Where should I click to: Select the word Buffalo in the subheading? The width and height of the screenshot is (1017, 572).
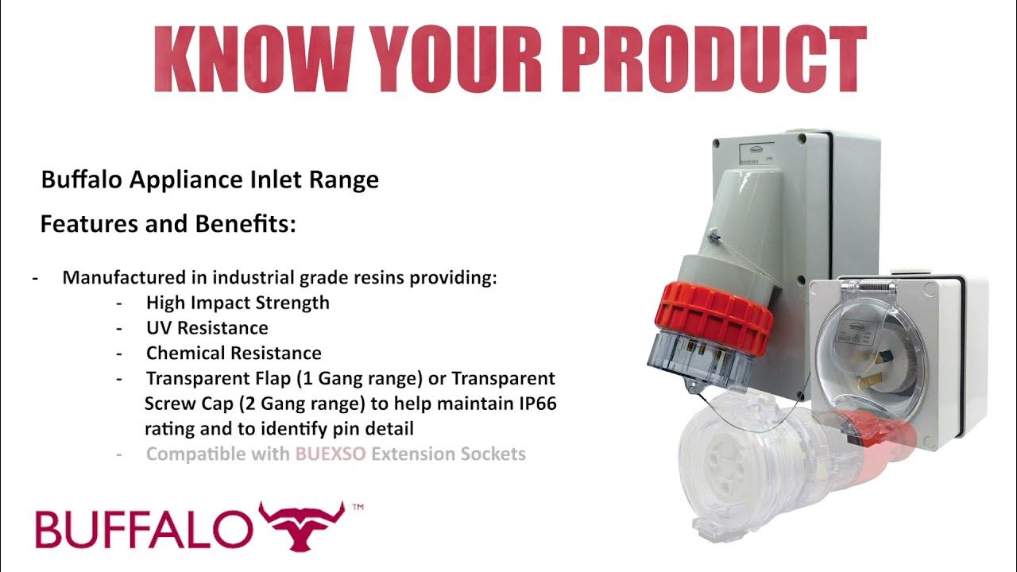point(72,180)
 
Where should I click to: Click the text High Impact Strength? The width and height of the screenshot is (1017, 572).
point(238,303)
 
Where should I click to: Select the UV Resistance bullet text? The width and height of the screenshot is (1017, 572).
point(207,327)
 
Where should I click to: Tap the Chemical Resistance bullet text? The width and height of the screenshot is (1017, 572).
point(234,353)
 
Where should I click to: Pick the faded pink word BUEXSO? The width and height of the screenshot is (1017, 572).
point(331,454)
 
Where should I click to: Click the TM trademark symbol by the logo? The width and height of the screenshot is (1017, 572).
point(357,507)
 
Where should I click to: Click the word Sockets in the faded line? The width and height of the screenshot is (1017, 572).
point(494,454)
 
